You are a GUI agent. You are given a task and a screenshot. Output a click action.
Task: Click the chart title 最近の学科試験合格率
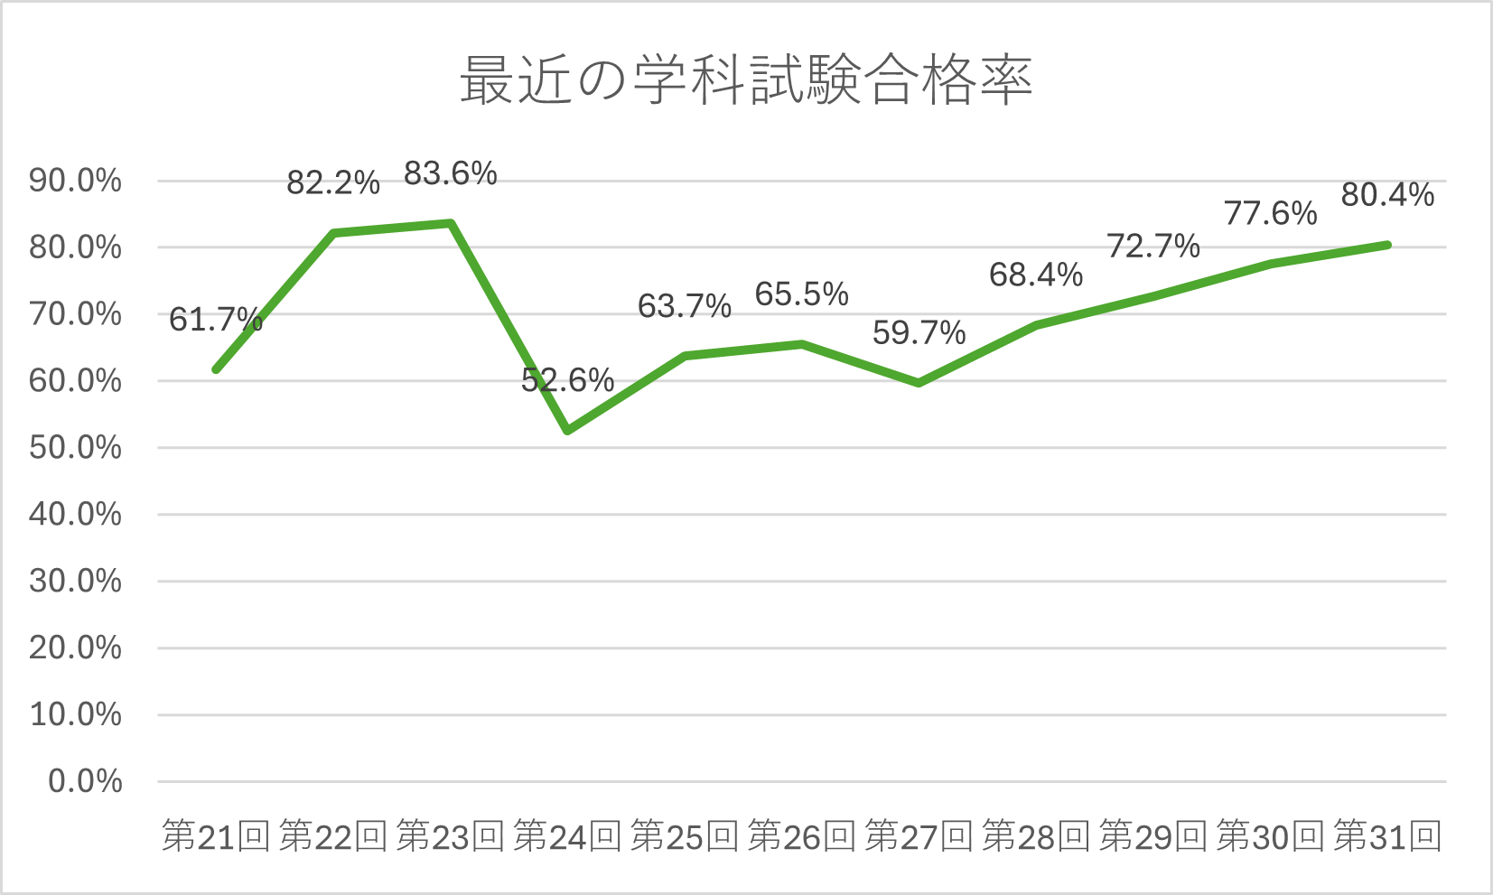pos(746,80)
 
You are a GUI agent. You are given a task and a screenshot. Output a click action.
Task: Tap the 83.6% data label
pos(450,173)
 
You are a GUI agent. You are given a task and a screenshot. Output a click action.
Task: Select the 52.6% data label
pos(567,380)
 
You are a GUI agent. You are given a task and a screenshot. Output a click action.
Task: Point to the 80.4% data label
pos(1387,195)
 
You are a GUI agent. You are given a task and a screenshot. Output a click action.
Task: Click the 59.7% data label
pos(919,333)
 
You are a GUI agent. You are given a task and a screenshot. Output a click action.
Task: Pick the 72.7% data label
pos(1153,246)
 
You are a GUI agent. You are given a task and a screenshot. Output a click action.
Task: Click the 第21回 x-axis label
pos(216,836)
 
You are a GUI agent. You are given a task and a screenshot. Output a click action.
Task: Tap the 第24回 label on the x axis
pos(567,836)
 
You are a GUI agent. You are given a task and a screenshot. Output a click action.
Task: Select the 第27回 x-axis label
pos(919,836)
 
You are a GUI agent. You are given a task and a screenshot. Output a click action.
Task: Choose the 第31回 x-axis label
pos(1387,836)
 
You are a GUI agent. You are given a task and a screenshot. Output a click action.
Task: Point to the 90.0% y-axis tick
pos(75,181)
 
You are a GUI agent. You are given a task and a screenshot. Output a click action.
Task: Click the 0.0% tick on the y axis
pos(85,781)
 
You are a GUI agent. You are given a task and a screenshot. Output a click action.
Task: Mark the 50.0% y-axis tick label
pos(75,448)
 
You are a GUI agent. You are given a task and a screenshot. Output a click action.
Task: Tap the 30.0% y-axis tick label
pos(75,581)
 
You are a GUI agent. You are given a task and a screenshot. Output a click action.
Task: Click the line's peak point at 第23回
pos(450,223)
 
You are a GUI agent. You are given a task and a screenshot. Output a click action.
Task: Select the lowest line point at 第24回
pos(567,431)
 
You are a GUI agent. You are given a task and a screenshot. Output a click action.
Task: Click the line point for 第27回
pos(919,383)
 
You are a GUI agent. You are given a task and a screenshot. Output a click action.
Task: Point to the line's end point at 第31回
pos(1387,245)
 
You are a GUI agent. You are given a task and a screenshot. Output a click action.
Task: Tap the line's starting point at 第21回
pos(216,369)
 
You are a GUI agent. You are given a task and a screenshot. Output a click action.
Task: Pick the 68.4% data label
pos(1036,275)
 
